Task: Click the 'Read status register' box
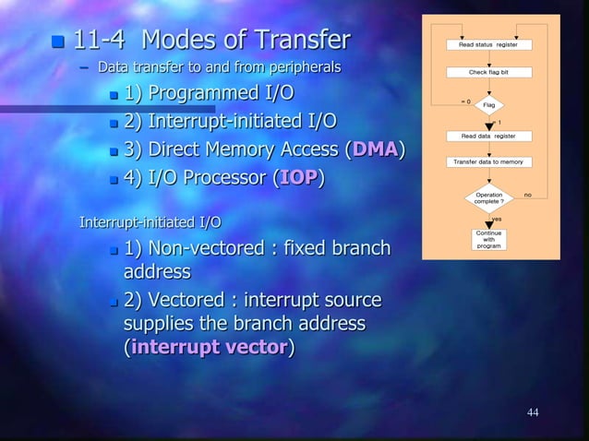pos(488,44)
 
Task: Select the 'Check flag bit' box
pos(488,72)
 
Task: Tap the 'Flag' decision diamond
pos(489,104)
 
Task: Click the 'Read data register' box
pos(488,136)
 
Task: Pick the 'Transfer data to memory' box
pos(488,162)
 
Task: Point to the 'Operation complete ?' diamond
pos(489,197)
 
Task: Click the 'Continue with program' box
pos(488,240)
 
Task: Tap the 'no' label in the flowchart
pos(528,195)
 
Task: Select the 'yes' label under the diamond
pos(497,219)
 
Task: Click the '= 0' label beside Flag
pos(466,100)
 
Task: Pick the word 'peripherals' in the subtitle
pos(305,67)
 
